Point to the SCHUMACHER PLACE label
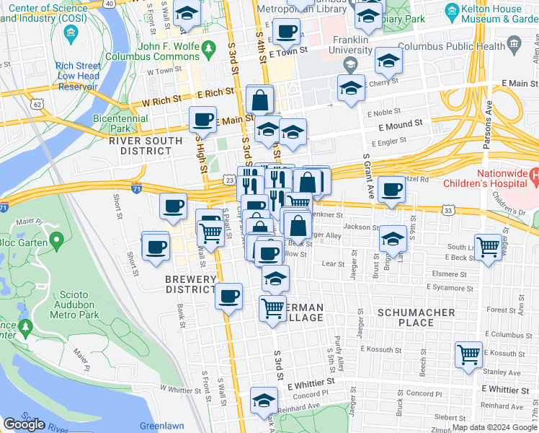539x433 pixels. coord(416,318)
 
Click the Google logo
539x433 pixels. coord(24,424)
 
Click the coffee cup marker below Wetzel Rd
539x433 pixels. coord(391,189)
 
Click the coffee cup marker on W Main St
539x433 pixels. coord(202,119)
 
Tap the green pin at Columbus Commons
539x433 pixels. coord(209,50)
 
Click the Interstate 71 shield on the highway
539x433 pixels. coord(137,188)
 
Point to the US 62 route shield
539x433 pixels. coord(37,105)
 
